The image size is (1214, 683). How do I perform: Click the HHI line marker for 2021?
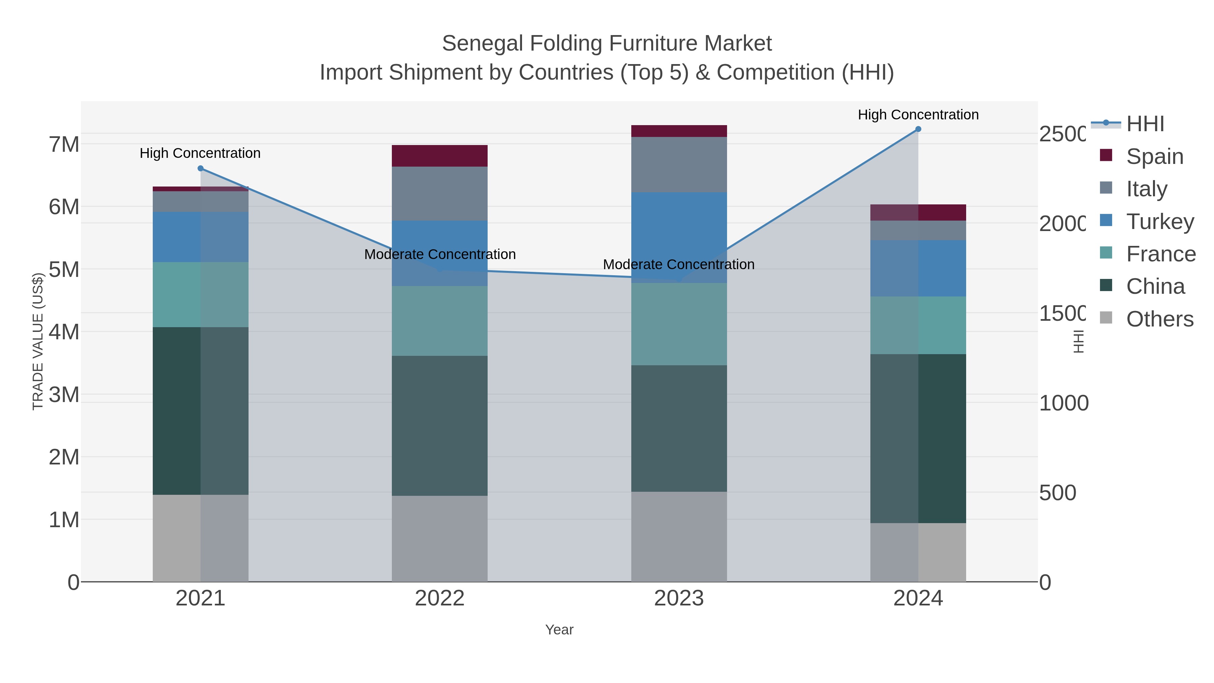point(200,168)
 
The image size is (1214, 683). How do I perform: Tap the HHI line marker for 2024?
point(918,129)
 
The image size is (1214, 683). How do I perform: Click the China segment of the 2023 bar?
point(678,428)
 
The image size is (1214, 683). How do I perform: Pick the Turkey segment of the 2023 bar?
point(678,237)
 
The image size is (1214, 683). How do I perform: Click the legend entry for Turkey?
point(1159,222)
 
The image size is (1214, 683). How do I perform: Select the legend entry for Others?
point(1159,319)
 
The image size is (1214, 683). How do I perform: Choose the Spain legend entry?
point(1154,156)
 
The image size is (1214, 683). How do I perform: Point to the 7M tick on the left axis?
point(64,144)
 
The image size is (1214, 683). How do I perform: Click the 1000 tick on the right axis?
point(1063,403)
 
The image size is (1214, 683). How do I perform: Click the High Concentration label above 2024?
point(918,115)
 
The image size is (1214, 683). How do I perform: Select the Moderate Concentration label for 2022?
point(440,254)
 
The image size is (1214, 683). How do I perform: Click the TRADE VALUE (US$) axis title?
point(38,341)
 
